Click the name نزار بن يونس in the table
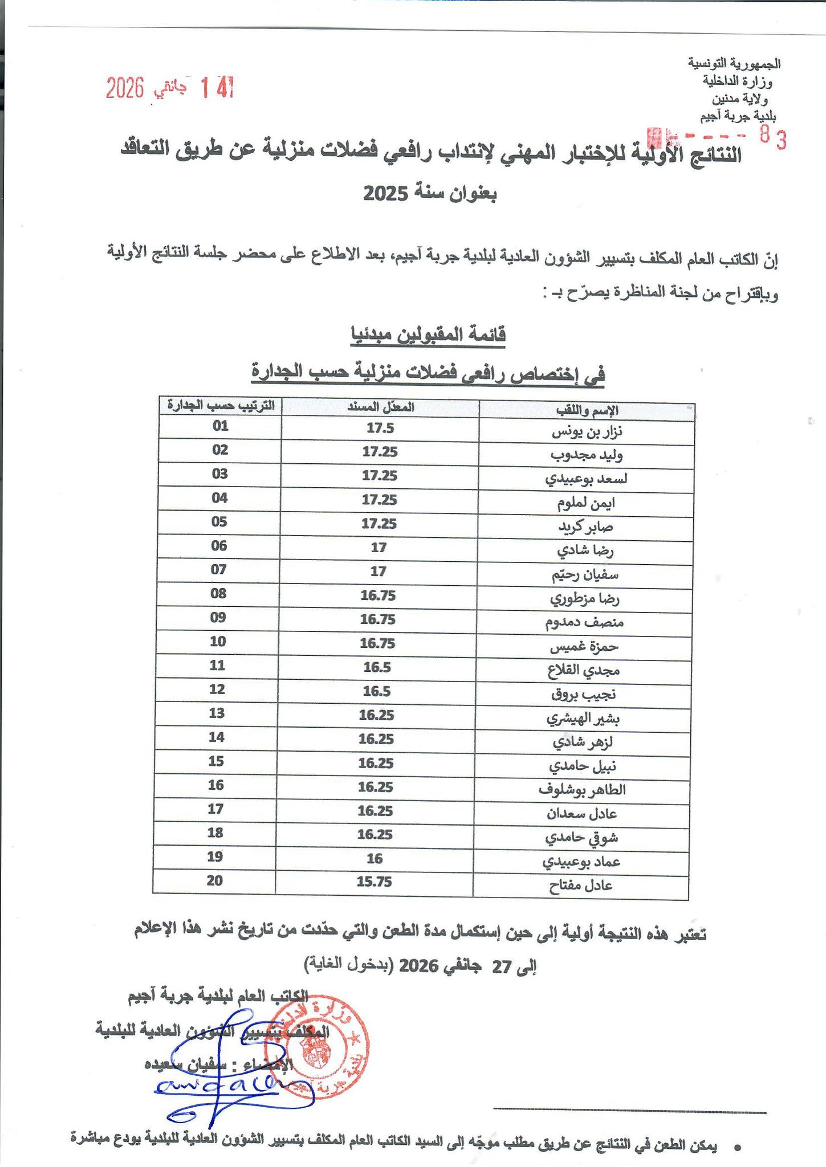[587, 432]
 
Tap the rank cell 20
[214, 880]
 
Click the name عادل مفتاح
[580, 886]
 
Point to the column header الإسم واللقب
[587, 410]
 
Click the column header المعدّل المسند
[381, 407]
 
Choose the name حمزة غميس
[584, 647]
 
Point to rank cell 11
[217, 665]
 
